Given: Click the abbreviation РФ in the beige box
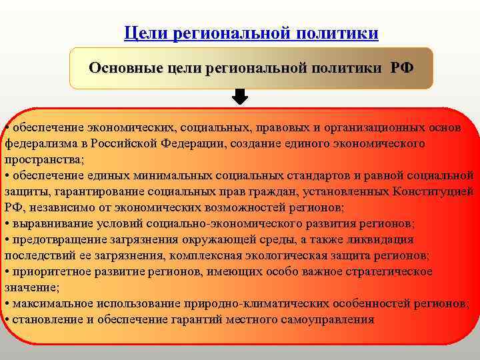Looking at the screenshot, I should coord(401,68).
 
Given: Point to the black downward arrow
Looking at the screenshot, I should coord(240,97).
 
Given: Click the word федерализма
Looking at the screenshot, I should coord(36,143).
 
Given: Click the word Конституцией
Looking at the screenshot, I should coord(434,191).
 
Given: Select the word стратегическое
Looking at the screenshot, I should coord(385,271).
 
